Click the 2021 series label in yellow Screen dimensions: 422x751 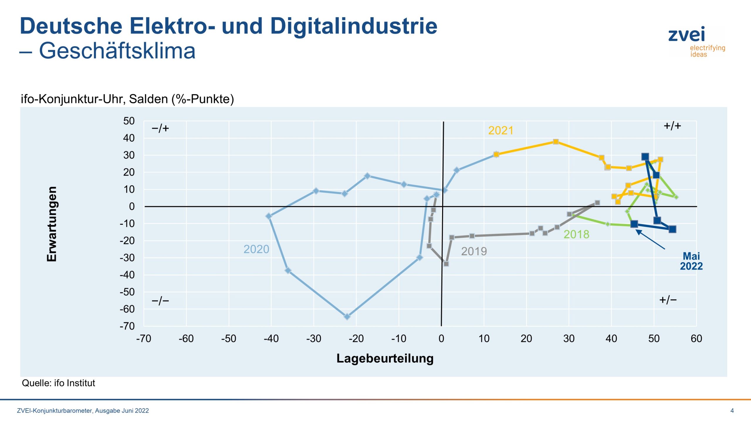point(500,131)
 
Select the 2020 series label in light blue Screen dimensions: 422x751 point(256,249)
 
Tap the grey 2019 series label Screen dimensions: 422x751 point(474,251)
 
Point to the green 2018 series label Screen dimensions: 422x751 point(576,234)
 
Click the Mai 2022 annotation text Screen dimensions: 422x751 point(691,261)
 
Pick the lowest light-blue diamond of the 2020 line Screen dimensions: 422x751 point(347,317)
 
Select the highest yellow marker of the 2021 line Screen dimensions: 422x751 point(556,142)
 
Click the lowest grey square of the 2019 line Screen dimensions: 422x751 point(446,264)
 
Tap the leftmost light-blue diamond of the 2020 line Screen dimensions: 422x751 point(269,216)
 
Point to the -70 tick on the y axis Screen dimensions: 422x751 point(127,326)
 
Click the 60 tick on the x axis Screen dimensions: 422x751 point(696,339)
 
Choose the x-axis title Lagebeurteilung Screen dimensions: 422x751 point(385,358)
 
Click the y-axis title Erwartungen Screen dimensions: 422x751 point(52,224)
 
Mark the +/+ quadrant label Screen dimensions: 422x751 point(672,126)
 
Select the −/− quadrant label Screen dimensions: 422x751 point(160,301)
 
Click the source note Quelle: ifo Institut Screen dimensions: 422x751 point(58,383)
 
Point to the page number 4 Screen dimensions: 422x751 point(732,411)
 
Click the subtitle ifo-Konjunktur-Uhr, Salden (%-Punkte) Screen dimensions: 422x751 point(127,99)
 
